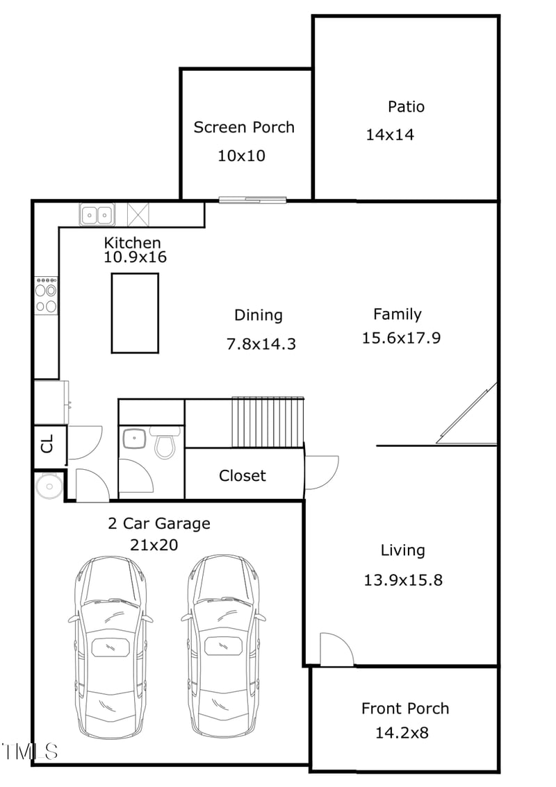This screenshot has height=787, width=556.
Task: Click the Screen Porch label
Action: coord(243,128)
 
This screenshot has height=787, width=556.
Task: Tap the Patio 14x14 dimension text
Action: coord(390,135)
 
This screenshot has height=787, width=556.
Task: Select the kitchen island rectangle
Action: coord(135,312)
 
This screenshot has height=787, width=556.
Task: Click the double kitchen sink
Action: coord(97,214)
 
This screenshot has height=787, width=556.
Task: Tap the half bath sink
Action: coord(133,439)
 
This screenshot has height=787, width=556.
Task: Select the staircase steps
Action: coord(268,422)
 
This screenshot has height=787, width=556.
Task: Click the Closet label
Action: coord(242,476)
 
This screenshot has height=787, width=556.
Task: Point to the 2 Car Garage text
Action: coord(158,523)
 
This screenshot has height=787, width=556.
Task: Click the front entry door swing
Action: coord(336,650)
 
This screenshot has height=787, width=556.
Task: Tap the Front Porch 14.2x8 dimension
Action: coord(404,732)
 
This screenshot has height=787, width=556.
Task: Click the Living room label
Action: coord(402,551)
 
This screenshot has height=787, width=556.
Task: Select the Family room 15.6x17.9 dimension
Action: coord(401,339)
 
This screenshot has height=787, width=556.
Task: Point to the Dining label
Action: coord(258,315)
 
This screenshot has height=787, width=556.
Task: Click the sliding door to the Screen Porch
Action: coord(252,201)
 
